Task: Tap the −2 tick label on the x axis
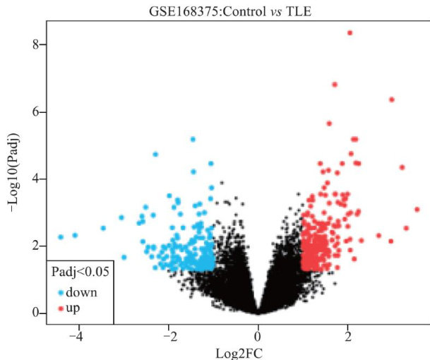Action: (167, 335)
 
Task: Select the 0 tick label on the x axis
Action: (258, 335)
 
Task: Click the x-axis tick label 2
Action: (348, 335)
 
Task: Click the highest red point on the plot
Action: (350, 33)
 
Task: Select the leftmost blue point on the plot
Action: (61, 236)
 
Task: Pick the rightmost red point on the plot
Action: (417, 210)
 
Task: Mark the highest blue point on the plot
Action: (193, 140)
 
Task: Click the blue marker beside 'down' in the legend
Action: (61, 292)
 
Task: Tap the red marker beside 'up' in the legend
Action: (61, 308)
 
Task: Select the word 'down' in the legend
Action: (82, 292)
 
